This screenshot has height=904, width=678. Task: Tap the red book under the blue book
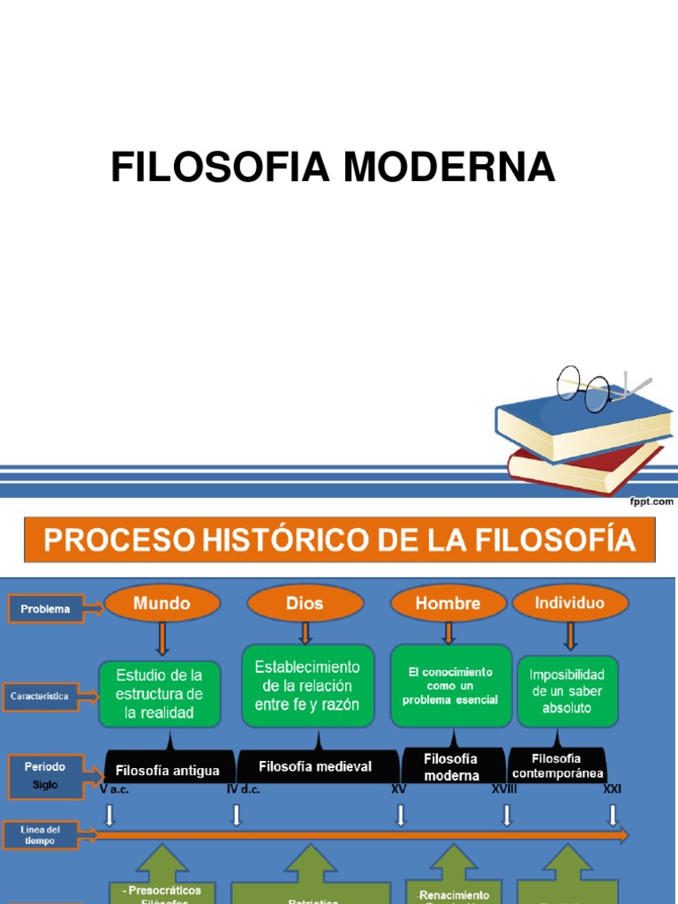pos(583,468)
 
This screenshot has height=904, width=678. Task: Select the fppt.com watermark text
pos(651,501)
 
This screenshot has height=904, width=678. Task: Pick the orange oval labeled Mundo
pos(162,604)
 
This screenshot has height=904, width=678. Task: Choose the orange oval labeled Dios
pos(305,604)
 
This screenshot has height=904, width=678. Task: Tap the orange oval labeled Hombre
pos(448,604)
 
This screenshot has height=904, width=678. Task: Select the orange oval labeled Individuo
pos(569,603)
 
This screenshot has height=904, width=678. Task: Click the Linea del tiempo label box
pos(39,835)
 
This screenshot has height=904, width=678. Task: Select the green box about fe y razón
pos(307,685)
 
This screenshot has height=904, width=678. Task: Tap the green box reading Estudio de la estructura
pos(160,694)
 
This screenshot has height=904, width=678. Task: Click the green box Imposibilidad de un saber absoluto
pos(567,690)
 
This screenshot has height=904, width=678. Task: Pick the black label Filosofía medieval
pos(316,766)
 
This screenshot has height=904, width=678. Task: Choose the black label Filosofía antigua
pos(168,770)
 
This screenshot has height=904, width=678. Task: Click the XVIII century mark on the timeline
pos(504,789)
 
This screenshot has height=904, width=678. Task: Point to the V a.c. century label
pos(115,789)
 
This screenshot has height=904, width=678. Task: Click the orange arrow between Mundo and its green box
pos(162,637)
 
